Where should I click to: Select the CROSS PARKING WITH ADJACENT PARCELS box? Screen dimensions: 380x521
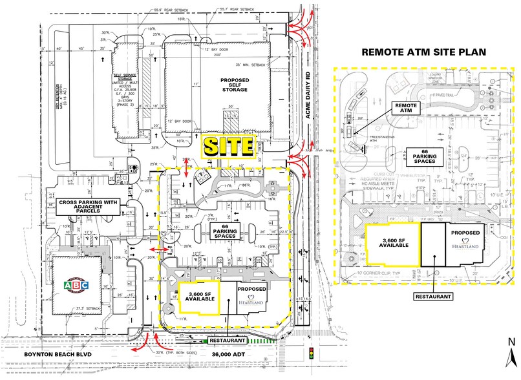coord(85,206)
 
